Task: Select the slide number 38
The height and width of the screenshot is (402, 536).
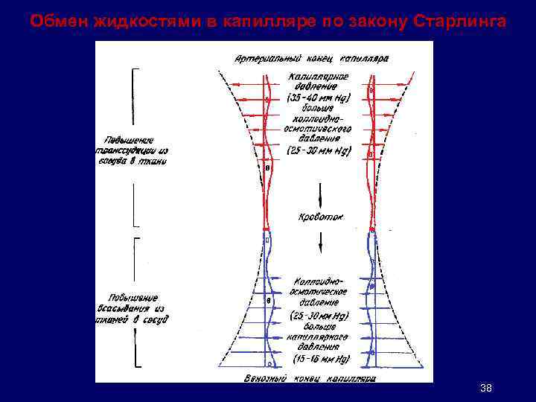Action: [486, 389]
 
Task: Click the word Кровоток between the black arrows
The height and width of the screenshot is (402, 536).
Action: [321, 217]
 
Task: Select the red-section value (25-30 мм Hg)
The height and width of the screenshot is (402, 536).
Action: [319, 150]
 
